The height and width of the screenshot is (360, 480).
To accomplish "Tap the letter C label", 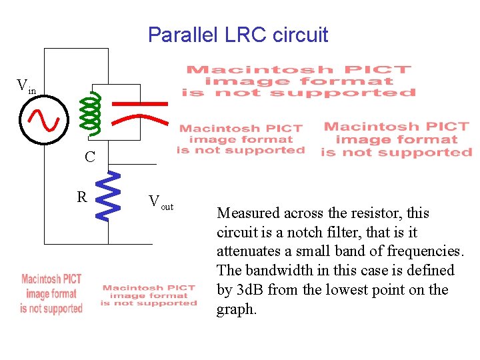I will click(90, 157).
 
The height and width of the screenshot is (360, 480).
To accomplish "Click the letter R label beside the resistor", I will click(81, 197).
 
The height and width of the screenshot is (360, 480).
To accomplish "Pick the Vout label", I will click(161, 202).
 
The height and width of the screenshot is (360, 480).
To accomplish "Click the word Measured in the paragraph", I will click(247, 213).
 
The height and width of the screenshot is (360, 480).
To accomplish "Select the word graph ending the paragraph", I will click(235, 309).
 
